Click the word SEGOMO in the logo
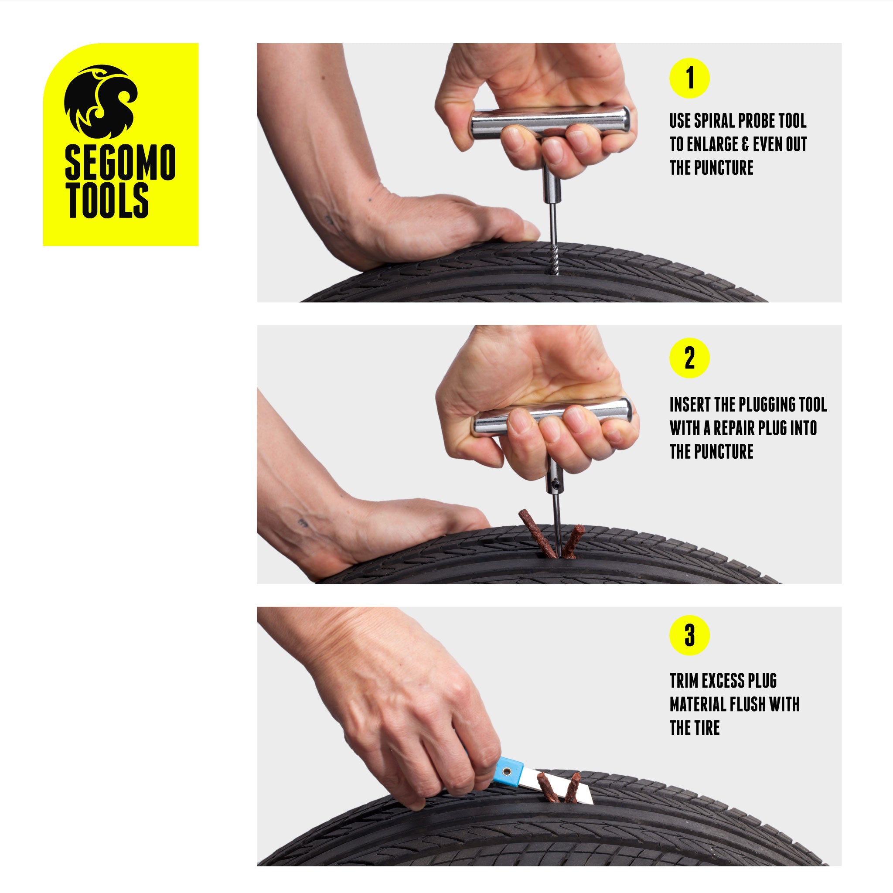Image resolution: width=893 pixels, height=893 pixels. click(x=120, y=162)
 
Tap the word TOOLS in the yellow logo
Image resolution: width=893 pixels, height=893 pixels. click(x=107, y=201)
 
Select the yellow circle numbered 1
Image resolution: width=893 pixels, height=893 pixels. click(x=689, y=78)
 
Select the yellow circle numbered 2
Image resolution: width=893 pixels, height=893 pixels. click(x=689, y=358)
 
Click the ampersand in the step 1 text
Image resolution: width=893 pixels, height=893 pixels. click(x=746, y=144)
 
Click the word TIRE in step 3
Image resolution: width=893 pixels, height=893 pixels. click(x=707, y=728)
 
